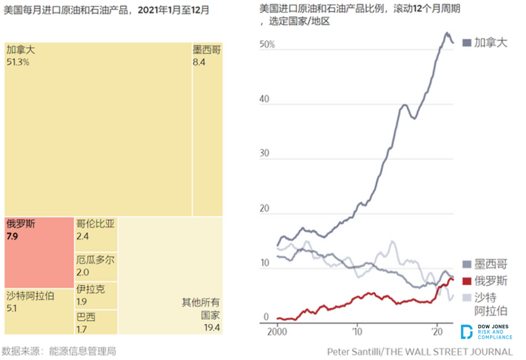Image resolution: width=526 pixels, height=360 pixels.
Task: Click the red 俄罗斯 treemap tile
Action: coord(39,252)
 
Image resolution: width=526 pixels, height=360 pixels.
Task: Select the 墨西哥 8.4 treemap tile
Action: coord(207,129)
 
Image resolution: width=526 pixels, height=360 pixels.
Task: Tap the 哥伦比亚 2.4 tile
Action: coord(96,234)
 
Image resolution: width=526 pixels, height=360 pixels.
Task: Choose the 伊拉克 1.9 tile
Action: coord(96,295)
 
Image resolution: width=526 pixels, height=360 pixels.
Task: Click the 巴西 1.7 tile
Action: coord(96,322)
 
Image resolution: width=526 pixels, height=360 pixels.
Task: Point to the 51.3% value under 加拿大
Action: coord(18,62)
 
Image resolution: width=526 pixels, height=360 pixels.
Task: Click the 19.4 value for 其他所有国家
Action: coord(211,327)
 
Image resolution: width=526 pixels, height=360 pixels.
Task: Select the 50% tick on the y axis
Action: coord(267,44)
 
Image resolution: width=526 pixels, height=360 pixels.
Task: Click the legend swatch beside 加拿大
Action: coord(466,43)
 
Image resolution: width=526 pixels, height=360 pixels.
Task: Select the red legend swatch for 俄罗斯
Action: coord(466,281)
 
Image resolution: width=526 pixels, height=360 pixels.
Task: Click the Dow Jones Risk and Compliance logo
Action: coord(486,331)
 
